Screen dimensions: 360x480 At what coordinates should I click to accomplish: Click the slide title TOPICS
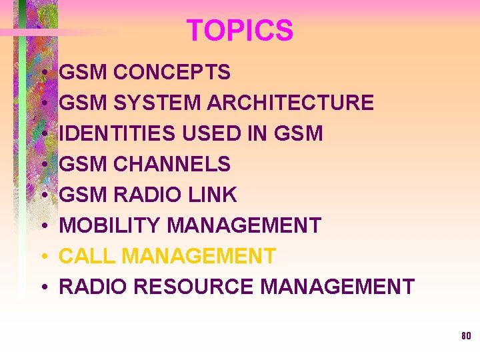(x=239, y=31)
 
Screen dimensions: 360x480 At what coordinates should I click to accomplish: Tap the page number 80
(x=465, y=335)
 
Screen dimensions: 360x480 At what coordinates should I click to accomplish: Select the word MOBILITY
(x=110, y=225)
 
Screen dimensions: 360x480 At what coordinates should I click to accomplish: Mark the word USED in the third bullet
(x=203, y=133)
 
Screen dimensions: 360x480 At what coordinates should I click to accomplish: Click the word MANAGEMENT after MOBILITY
(x=244, y=225)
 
